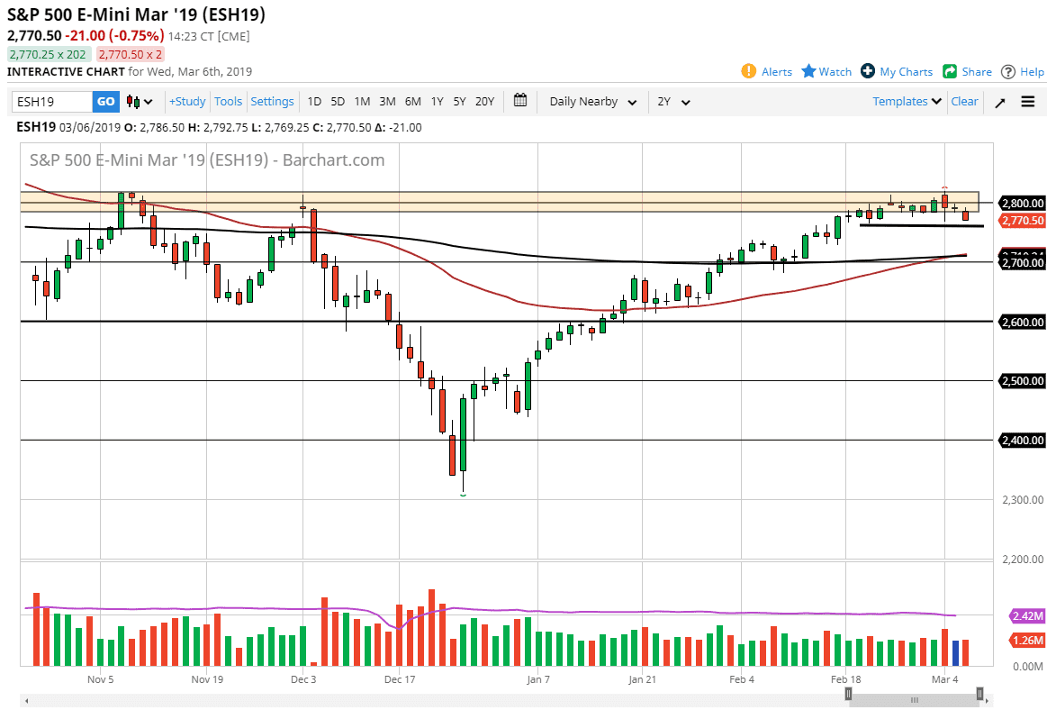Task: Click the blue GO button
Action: [x=105, y=102]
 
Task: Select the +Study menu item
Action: [x=187, y=102]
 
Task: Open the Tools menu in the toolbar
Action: [x=229, y=102]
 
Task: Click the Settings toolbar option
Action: [x=272, y=102]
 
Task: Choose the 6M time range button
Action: [x=412, y=102]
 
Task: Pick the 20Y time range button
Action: [x=484, y=102]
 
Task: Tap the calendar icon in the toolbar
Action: [x=520, y=101]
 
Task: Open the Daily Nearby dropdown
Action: [x=593, y=102]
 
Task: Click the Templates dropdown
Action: [x=907, y=102]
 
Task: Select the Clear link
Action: [x=964, y=102]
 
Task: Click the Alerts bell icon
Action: [x=748, y=71]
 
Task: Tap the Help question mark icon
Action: [x=1008, y=71]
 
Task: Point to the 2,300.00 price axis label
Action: [x=1021, y=499]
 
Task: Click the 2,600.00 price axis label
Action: [x=1021, y=322]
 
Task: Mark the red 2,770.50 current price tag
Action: [x=1021, y=221]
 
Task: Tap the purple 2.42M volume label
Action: [x=1027, y=616]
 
